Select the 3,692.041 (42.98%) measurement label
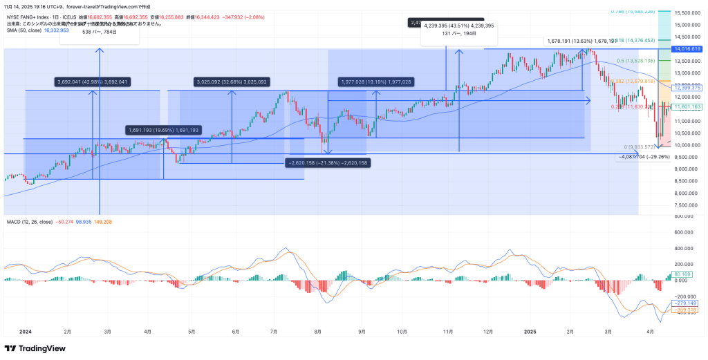click(91, 82)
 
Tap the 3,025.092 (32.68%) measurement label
click(231, 82)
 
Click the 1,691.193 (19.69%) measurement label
click(163, 130)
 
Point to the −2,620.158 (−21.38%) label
click(327, 163)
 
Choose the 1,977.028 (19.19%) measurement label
click(376, 82)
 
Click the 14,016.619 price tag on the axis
click(687, 49)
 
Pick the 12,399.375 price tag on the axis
click(687, 88)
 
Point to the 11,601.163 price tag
click(687, 107)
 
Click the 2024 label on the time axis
click(26, 332)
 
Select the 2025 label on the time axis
click(530, 332)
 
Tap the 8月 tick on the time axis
click(317, 332)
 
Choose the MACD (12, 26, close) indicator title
click(30, 222)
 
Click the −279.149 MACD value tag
click(687, 303)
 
